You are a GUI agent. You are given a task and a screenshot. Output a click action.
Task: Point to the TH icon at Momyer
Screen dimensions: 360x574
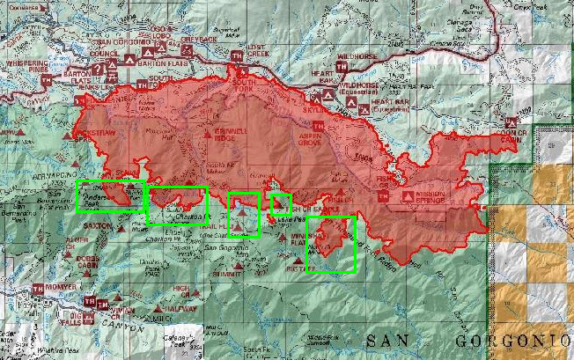[x=38, y=289]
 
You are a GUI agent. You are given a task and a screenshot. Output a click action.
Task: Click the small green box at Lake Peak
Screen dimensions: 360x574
[x=281, y=204]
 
